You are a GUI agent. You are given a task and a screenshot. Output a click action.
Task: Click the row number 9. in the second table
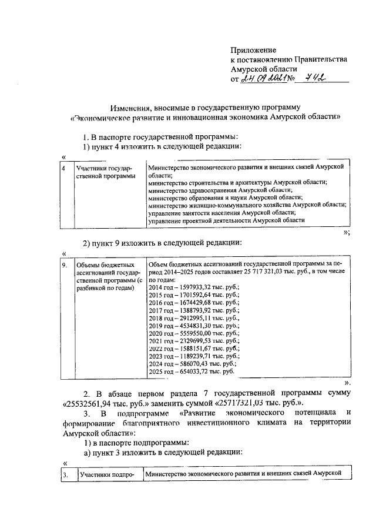[x=65, y=266]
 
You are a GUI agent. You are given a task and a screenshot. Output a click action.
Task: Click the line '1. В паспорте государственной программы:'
[x=163, y=137]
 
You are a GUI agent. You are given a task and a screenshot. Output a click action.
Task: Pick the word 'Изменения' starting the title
[x=130, y=108]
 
